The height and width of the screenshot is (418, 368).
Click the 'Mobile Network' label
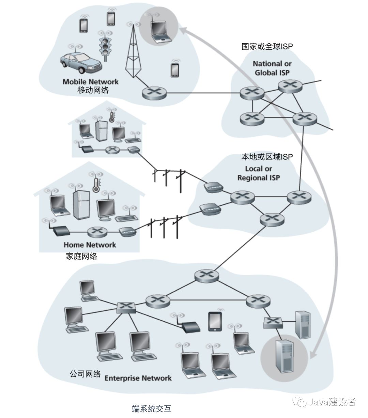91,82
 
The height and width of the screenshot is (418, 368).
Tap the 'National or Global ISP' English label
272,68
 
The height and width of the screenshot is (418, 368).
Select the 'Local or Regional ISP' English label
259,173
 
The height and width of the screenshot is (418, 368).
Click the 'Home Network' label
90,245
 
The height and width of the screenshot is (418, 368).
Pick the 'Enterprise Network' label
138,378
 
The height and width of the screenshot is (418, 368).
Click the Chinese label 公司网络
85,374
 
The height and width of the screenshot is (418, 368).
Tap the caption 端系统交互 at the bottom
151,408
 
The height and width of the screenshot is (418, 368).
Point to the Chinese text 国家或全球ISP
267,46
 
